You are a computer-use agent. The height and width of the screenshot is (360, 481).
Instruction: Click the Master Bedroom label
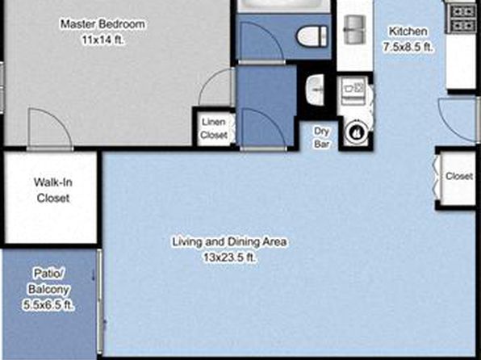[x=102, y=24]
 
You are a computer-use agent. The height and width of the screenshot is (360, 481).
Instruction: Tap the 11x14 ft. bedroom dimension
[x=103, y=40]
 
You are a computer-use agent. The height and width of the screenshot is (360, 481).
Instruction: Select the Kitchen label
[x=408, y=31]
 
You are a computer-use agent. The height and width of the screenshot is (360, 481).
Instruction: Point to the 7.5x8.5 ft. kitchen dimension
[x=408, y=47]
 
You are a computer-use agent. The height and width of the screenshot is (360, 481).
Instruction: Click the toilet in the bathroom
[x=312, y=36]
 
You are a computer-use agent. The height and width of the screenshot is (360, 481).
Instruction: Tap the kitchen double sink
[x=354, y=30]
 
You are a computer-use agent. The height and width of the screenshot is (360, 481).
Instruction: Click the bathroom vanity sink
[x=316, y=90]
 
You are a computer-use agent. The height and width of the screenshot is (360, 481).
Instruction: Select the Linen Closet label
[x=214, y=128]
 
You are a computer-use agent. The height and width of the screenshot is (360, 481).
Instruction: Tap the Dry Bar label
[x=321, y=137]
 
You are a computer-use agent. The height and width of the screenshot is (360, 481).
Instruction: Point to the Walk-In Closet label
[x=53, y=190]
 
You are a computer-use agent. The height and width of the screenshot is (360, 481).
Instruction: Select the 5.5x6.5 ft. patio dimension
[x=48, y=305]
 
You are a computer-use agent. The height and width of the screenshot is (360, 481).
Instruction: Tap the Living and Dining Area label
[x=229, y=241]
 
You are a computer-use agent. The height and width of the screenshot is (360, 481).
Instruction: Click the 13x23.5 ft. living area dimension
[x=229, y=257]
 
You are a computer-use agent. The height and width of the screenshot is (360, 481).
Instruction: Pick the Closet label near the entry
[x=459, y=176]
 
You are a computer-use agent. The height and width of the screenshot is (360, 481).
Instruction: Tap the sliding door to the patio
[x=99, y=301]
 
